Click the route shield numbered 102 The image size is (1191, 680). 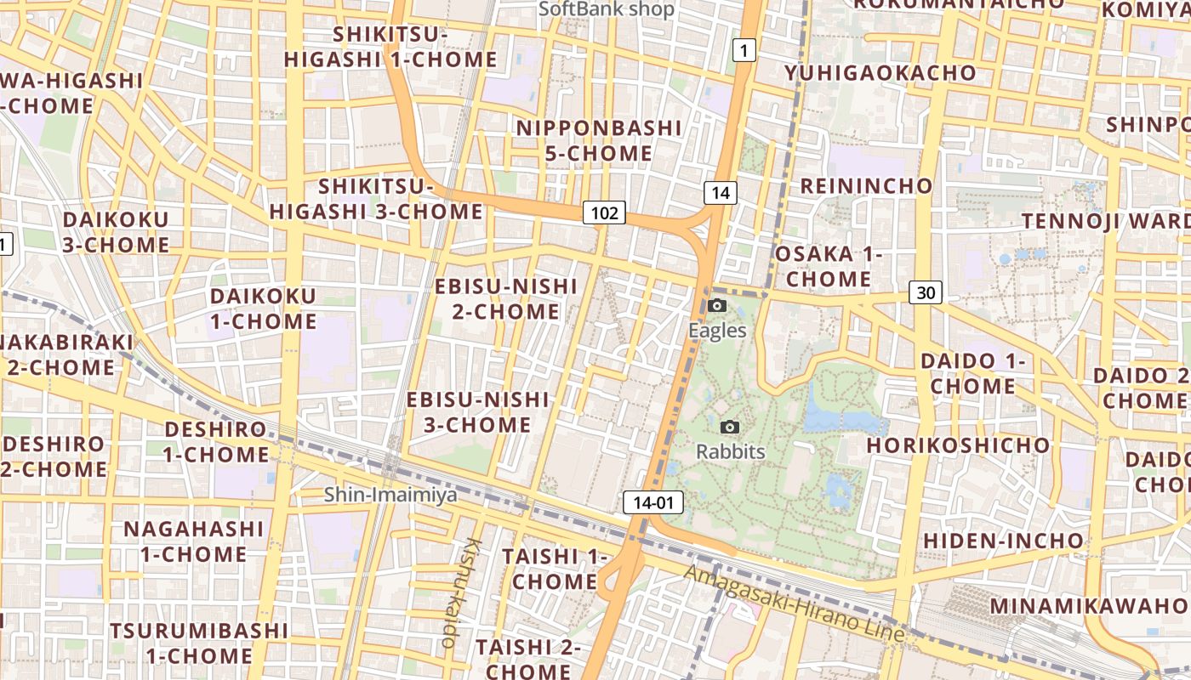click(604, 212)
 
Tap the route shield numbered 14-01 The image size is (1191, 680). click(653, 502)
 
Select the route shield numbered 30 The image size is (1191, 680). click(926, 293)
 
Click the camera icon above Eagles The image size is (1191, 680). click(717, 306)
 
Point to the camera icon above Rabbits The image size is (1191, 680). click(730, 428)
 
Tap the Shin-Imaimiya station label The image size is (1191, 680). click(390, 495)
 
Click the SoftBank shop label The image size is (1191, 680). click(607, 9)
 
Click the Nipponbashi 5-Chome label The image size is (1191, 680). click(599, 141)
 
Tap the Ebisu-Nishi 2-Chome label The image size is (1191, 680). click(506, 298)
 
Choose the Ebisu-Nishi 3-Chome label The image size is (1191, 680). click(477, 412)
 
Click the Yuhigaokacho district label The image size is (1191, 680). click(880, 73)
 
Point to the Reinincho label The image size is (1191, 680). click(866, 186)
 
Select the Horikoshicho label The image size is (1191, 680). click(959, 445)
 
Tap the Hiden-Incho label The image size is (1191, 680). click(1004, 541)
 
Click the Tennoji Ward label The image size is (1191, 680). click(1106, 221)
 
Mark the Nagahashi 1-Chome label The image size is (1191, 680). click(194, 541)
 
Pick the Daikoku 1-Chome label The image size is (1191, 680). click(263, 309)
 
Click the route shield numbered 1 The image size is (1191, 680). click(744, 51)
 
